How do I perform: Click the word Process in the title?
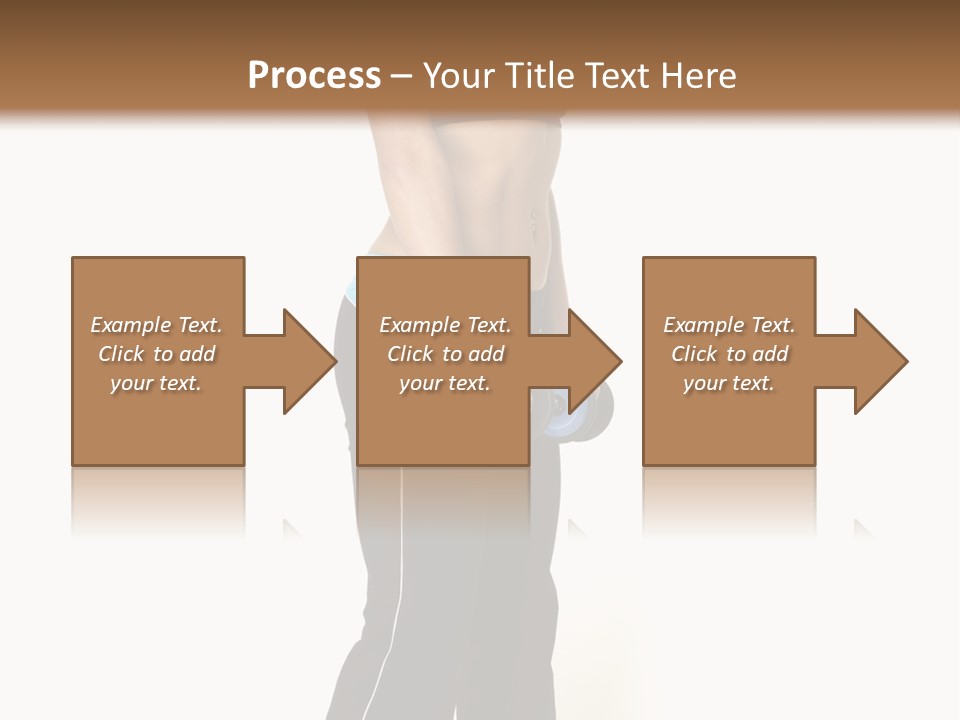[314, 76]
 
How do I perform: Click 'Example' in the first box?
[130, 325]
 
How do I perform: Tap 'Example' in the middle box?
[419, 325]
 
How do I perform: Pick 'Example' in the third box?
[703, 325]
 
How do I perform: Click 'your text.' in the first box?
[156, 383]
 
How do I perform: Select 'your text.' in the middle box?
[445, 383]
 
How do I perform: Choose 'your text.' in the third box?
[729, 383]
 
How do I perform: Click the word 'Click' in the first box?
[121, 354]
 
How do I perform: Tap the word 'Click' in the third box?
[694, 354]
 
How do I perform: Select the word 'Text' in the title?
[618, 76]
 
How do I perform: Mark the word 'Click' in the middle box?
[410, 354]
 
